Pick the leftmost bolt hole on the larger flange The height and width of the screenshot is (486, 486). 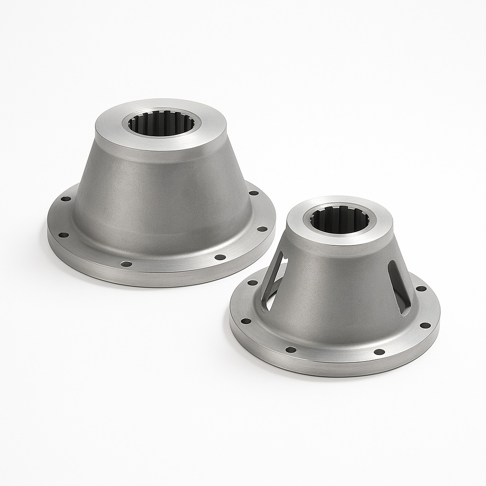(64, 234)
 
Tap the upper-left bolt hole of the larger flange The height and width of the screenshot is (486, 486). (66, 199)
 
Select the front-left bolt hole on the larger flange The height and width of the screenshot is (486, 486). (126, 263)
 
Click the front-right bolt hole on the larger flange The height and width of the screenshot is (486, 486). (220, 257)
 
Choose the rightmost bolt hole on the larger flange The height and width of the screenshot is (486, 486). (262, 229)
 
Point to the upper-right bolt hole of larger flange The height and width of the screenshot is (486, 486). (254, 193)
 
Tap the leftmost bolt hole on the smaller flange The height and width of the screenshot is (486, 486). (246, 321)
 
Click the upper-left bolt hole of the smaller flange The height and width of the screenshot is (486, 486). (252, 283)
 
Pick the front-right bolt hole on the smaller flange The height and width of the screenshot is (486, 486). (379, 352)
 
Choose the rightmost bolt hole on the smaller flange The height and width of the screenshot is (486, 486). (425, 325)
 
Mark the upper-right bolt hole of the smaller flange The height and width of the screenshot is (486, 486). (421, 288)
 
